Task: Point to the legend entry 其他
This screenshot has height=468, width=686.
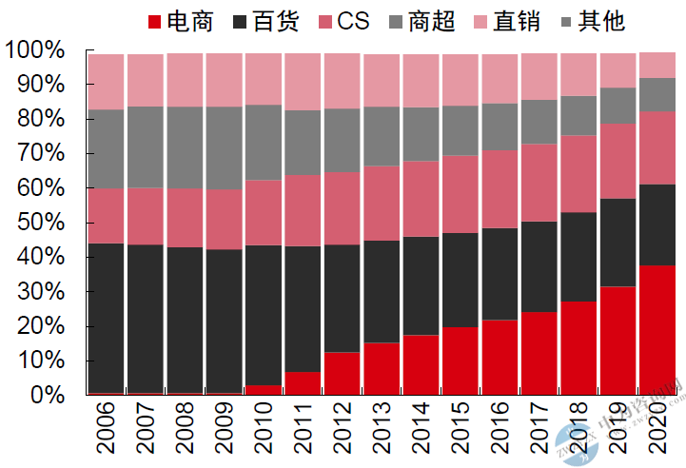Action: (597, 21)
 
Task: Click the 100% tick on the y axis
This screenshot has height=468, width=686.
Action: (35, 50)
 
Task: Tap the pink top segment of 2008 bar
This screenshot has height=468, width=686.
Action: (185, 80)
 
